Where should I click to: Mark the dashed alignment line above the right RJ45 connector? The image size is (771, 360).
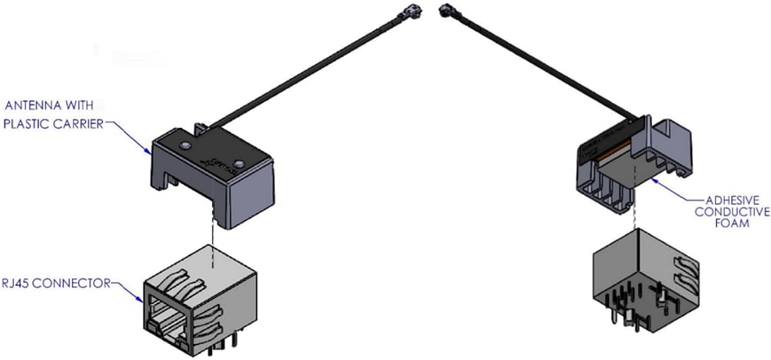[636, 213]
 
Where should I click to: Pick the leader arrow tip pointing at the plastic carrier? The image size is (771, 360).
[148, 153]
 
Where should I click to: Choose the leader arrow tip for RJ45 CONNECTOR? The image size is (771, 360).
[142, 301]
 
